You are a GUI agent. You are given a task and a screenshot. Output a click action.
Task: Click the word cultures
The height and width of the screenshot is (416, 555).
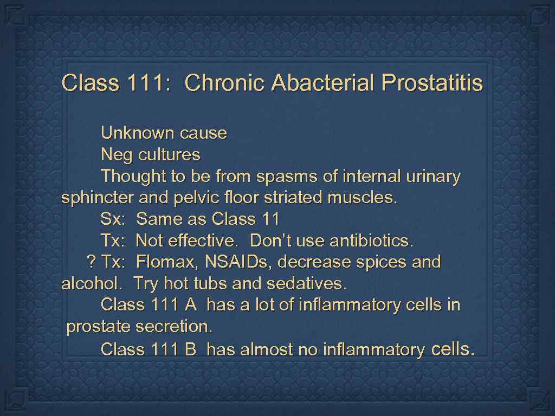tap(169, 155)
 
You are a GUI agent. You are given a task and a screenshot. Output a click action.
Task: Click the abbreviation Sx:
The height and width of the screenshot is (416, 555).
tap(113, 219)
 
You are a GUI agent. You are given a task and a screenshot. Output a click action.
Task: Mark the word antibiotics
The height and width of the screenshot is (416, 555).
tap(372, 240)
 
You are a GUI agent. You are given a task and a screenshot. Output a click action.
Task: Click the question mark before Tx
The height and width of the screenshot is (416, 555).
tap(91, 262)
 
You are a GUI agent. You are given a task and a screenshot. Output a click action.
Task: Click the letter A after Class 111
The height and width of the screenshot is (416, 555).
tap(190, 305)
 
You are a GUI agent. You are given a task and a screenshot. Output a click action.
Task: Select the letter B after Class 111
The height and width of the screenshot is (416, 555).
tap(190, 350)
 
